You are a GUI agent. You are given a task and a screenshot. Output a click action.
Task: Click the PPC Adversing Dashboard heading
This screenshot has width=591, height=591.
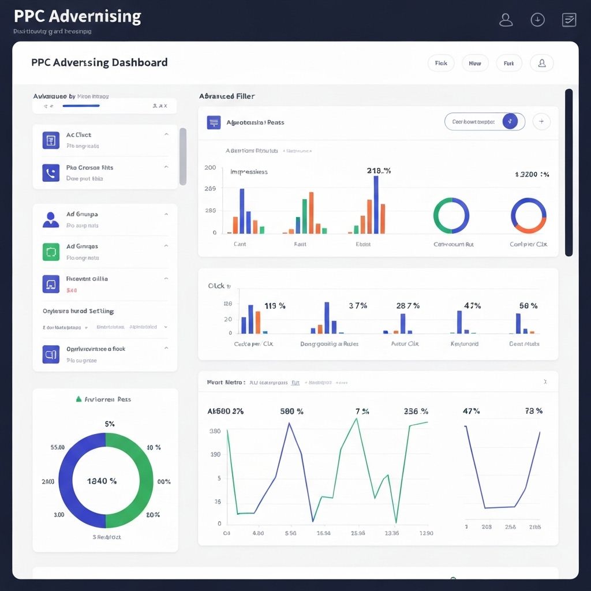click(99, 63)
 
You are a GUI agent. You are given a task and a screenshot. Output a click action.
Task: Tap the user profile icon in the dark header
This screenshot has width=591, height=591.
click(506, 20)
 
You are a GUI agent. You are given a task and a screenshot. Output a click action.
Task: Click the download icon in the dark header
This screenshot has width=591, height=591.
click(537, 20)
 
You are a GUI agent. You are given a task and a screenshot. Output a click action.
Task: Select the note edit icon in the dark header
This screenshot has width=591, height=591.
click(569, 20)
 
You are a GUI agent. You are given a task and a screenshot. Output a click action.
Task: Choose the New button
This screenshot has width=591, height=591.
click(475, 63)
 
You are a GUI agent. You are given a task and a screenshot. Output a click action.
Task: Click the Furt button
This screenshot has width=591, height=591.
click(508, 63)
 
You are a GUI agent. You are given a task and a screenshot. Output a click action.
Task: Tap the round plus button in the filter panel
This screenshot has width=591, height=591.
click(541, 122)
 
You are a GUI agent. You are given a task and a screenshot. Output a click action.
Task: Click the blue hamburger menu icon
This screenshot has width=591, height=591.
click(214, 122)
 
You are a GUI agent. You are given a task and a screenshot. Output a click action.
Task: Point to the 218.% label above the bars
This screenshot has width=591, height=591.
click(379, 171)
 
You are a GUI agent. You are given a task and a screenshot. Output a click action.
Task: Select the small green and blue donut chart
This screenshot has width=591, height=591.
click(451, 216)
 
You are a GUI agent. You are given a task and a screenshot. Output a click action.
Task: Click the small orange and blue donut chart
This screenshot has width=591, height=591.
click(528, 216)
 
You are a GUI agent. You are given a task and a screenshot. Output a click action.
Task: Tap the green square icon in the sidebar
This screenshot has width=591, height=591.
click(51, 252)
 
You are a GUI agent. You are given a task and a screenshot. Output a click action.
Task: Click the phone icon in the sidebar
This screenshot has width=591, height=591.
click(51, 173)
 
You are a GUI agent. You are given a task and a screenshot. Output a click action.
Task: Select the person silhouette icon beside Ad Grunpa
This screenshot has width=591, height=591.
click(51, 219)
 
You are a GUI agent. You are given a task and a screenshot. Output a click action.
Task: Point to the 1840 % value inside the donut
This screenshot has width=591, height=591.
click(102, 481)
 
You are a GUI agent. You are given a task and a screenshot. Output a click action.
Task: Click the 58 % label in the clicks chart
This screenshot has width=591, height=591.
click(528, 306)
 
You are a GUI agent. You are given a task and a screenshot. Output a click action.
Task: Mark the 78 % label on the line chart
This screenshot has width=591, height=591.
click(533, 412)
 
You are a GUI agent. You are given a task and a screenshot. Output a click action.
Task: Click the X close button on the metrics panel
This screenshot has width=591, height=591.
click(546, 382)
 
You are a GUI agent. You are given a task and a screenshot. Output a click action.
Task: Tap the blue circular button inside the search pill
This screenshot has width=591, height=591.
click(510, 122)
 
